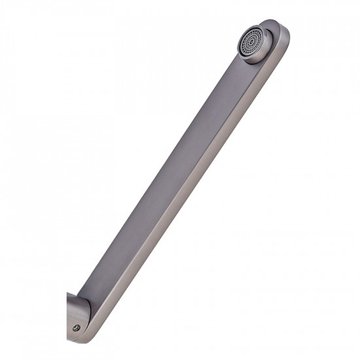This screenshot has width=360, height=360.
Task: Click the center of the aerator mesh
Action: [250, 41]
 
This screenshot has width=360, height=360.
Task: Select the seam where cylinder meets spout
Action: [86, 308]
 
